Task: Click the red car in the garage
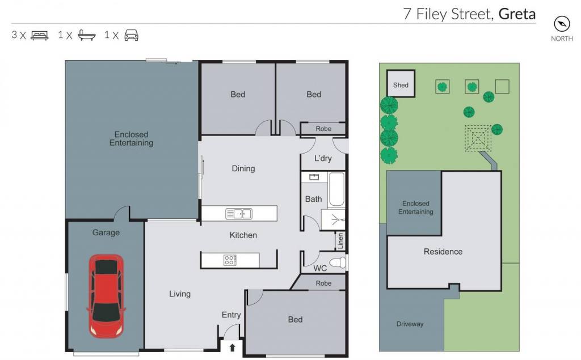[106, 295]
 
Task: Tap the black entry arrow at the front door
[232, 348]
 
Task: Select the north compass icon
[562, 24]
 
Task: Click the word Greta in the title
[517, 14]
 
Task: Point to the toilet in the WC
[338, 262]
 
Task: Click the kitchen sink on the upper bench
[239, 214]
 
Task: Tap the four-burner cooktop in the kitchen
[230, 260]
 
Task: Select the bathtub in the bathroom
[337, 189]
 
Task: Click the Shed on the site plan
[401, 84]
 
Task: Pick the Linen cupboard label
[341, 241]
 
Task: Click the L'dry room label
[323, 159]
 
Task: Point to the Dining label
[243, 168]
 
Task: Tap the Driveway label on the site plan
[410, 324]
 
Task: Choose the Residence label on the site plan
[443, 252]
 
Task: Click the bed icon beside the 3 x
[40, 35]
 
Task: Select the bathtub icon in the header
[87, 35]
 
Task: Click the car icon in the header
[132, 35]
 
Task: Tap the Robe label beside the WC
[323, 283]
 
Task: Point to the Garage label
[106, 232]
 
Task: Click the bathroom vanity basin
[314, 177]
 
